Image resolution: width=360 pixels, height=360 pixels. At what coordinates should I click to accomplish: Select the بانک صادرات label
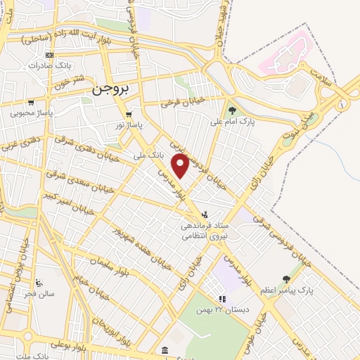pyautogui.click(x=48, y=65)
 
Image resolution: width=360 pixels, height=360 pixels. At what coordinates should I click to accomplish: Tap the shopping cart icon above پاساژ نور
pyautogui.click(x=128, y=114)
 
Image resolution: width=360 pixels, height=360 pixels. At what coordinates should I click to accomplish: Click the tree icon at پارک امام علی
pyautogui.click(x=231, y=109)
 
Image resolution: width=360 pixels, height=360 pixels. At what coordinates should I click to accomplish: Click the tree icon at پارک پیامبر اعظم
pyautogui.click(x=285, y=279)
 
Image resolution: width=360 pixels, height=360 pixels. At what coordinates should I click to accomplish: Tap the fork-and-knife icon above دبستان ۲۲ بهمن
pyautogui.click(x=221, y=299)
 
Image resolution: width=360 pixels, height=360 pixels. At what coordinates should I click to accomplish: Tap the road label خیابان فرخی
pyautogui.click(x=182, y=103)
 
